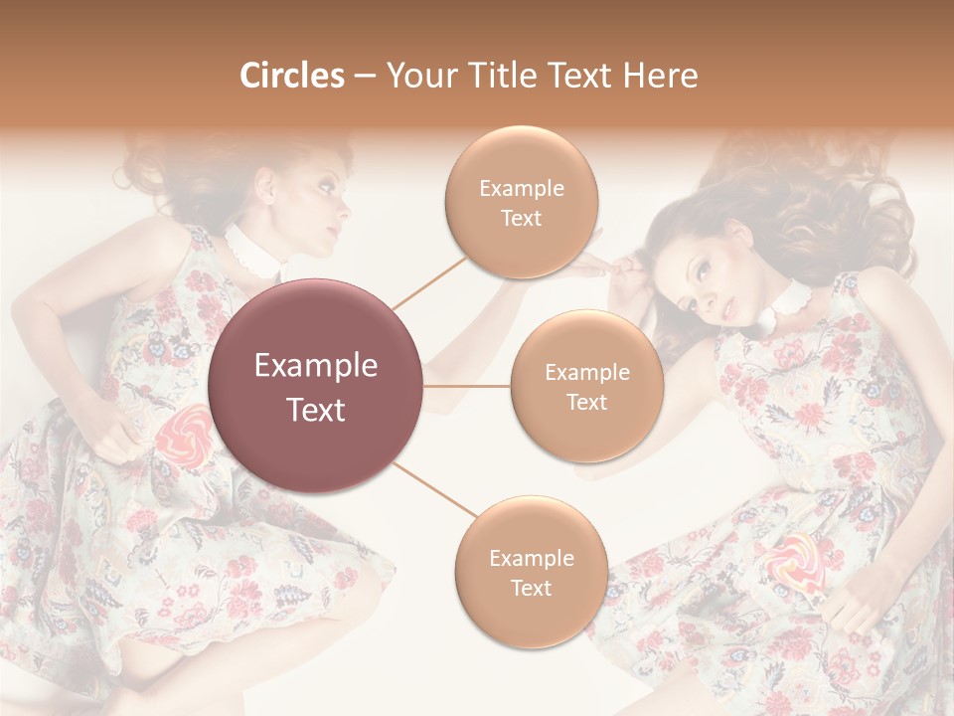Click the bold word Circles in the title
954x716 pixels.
tap(292, 76)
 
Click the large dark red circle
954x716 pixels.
tap(316, 386)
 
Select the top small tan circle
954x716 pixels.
tap(521, 203)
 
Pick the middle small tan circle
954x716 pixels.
tap(586, 386)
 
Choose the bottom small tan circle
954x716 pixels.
tap(531, 572)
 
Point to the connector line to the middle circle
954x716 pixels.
tap(467, 386)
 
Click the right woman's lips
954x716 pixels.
tap(731, 310)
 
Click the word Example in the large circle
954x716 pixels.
tap(316, 366)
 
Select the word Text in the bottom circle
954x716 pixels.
tap(531, 588)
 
